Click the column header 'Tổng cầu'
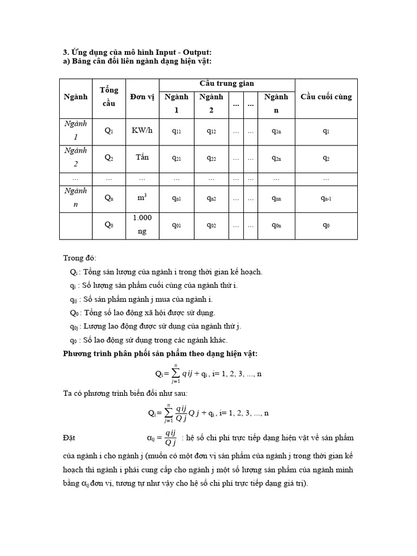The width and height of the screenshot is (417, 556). (x=109, y=97)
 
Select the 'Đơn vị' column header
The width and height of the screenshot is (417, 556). (x=142, y=97)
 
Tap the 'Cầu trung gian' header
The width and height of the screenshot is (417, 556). (x=227, y=83)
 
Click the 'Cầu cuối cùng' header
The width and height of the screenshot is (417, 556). (x=326, y=97)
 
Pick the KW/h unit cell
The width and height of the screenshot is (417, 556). (x=142, y=131)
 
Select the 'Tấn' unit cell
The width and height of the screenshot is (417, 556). (x=142, y=157)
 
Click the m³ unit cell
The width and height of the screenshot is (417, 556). (x=142, y=198)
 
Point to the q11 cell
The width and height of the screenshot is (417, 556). (x=176, y=131)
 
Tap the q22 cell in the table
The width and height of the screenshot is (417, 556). (x=211, y=158)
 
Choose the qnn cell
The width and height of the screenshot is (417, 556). (x=276, y=198)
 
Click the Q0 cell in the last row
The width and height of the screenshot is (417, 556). (x=109, y=225)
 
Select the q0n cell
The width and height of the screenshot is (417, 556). (x=276, y=225)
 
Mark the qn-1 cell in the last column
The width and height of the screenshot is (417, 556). (x=326, y=198)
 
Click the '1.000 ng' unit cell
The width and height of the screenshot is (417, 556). (x=142, y=224)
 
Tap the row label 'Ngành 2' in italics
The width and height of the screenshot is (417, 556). (x=75, y=157)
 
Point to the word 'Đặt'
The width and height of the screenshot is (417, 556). (x=70, y=437)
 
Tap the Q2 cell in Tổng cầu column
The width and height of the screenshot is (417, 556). (x=109, y=158)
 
